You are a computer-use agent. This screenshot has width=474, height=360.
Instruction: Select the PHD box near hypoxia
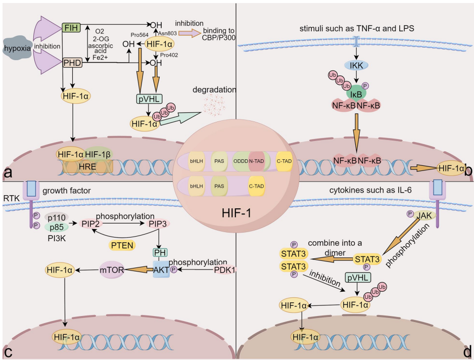(71, 63)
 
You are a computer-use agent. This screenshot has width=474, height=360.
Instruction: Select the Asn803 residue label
(161, 32)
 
